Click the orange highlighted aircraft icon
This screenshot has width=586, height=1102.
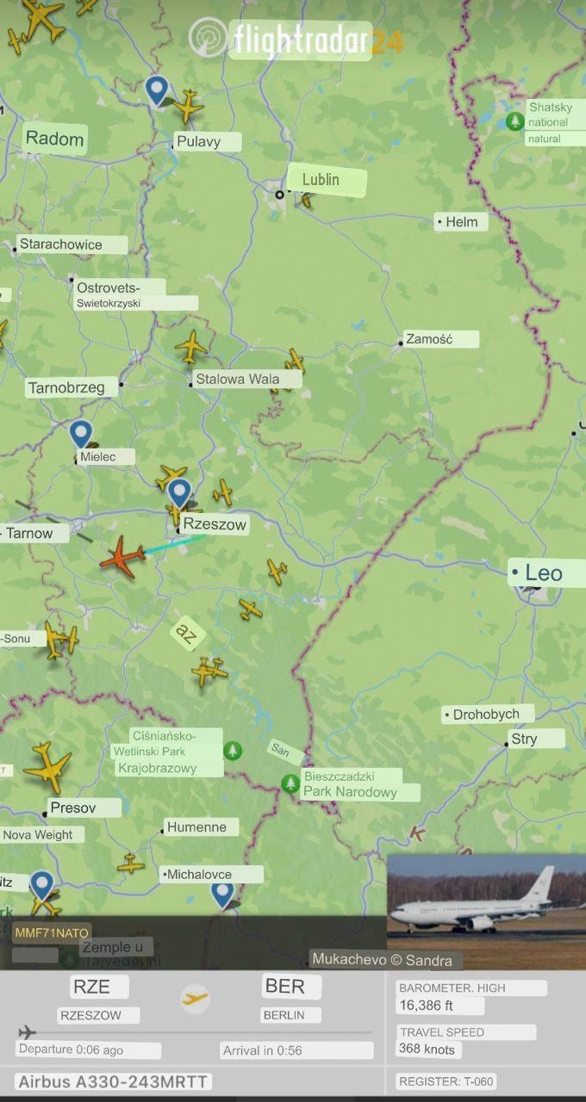pos(122,558)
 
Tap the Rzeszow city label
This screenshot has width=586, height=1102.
pos(215,524)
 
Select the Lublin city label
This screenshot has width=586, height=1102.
pos(321,180)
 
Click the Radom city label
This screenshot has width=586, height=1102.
pos(55,139)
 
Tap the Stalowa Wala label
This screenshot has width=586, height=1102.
pos(237,379)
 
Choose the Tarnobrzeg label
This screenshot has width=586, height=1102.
pos(66,387)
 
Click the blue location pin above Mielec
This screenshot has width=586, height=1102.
pos(81,433)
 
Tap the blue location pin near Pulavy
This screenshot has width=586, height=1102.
pos(156,89)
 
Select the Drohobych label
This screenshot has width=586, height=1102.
pos(486,714)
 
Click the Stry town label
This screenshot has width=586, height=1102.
pos(524,739)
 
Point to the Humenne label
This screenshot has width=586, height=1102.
pos(196,827)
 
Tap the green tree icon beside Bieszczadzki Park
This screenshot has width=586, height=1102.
pos(290,783)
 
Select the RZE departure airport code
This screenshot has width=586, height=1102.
pos(90,987)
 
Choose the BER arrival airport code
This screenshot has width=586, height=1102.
pos(284,987)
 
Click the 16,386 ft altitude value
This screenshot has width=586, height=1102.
pos(426,1006)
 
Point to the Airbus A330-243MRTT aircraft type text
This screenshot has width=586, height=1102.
pos(114,1082)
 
